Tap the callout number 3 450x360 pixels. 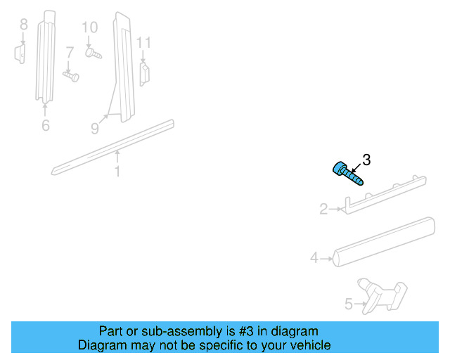coord(366,160)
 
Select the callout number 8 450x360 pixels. coord(23,25)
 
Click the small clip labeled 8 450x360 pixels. coord(20,53)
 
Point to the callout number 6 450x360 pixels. coord(46,126)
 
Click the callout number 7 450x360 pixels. coord(70,52)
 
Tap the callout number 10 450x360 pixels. coord(89,27)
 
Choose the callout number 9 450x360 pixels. coord(94,128)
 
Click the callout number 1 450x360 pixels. coord(117,171)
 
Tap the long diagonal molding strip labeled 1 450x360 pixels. coord(112,147)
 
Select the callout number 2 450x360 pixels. coord(323,209)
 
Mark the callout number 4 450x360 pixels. coord(314,258)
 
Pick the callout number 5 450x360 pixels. coord(349,305)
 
